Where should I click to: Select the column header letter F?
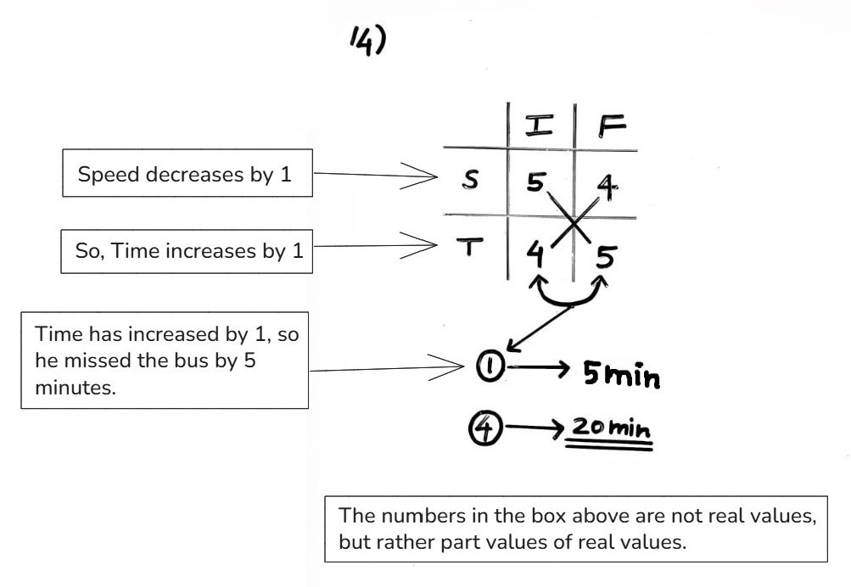tap(610, 126)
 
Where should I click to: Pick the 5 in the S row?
tap(534, 181)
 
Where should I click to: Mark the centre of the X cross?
tap(574, 223)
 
